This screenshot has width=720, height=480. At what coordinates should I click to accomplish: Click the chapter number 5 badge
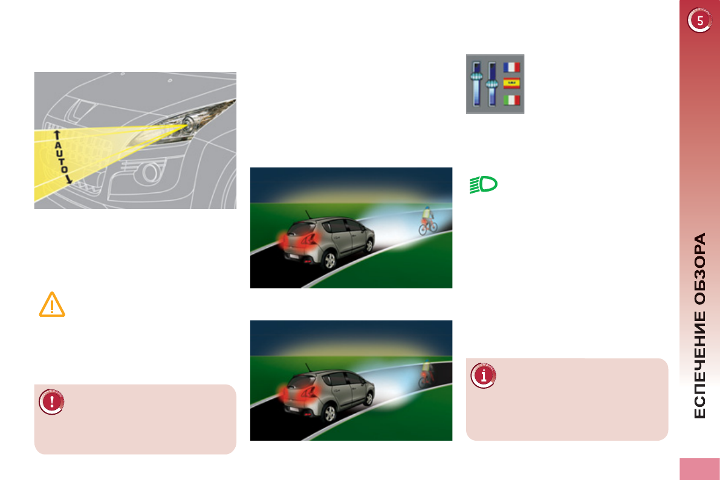[699, 21]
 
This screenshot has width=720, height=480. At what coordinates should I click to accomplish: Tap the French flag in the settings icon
[511, 66]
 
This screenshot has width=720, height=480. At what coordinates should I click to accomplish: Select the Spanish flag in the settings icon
[511, 83]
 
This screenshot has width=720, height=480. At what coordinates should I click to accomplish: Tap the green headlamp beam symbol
[483, 184]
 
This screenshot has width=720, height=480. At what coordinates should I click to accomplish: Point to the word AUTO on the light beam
[60, 155]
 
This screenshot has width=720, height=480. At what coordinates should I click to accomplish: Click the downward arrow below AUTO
[68, 179]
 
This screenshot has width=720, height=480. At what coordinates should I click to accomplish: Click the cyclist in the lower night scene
[426, 374]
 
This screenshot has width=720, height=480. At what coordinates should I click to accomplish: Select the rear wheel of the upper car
[329, 261]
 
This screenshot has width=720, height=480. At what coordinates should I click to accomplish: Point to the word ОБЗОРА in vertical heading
[699, 268]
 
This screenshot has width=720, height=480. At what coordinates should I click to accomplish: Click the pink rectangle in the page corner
[699, 469]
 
